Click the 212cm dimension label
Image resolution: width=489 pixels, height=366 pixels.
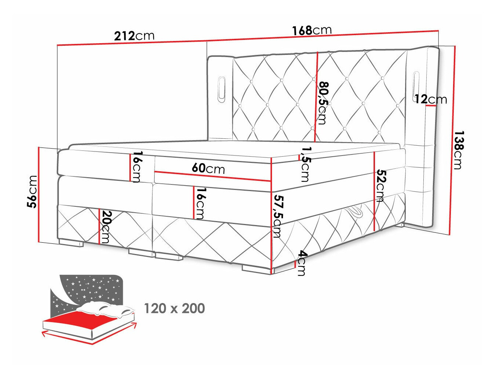[x=134, y=36]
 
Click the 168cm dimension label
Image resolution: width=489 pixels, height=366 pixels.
[x=312, y=30]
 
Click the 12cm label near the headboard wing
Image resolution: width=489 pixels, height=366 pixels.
[x=431, y=99]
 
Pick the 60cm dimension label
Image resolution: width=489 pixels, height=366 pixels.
[x=208, y=168]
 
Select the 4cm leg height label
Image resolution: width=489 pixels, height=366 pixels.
[x=301, y=263]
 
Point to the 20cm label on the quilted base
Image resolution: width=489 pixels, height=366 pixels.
[x=105, y=227]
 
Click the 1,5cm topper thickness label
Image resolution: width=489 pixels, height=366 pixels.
[x=305, y=164]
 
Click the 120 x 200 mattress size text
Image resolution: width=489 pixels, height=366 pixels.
[x=174, y=309]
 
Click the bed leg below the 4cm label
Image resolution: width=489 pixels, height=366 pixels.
[x=255, y=269]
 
